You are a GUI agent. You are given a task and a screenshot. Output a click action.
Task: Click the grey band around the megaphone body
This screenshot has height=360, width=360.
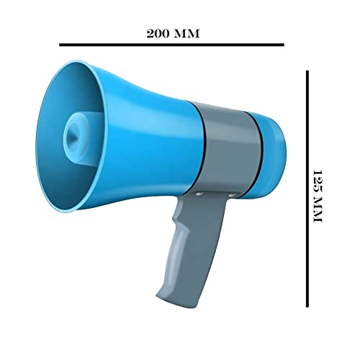(x=230, y=148)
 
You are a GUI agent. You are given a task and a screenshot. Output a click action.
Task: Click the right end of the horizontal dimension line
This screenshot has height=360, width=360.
(x=284, y=45)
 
